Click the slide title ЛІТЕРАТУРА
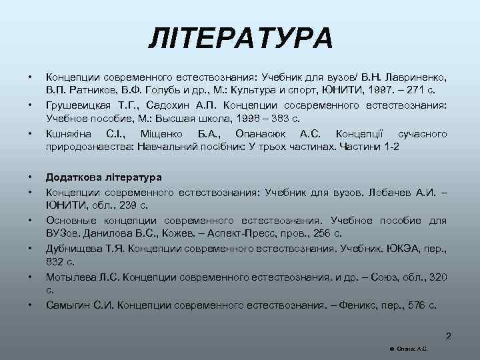click(240, 38)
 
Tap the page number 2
click(449, 336)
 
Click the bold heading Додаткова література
click(103, 178)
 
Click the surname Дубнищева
click(75, 249)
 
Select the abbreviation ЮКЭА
click(405, 249)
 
